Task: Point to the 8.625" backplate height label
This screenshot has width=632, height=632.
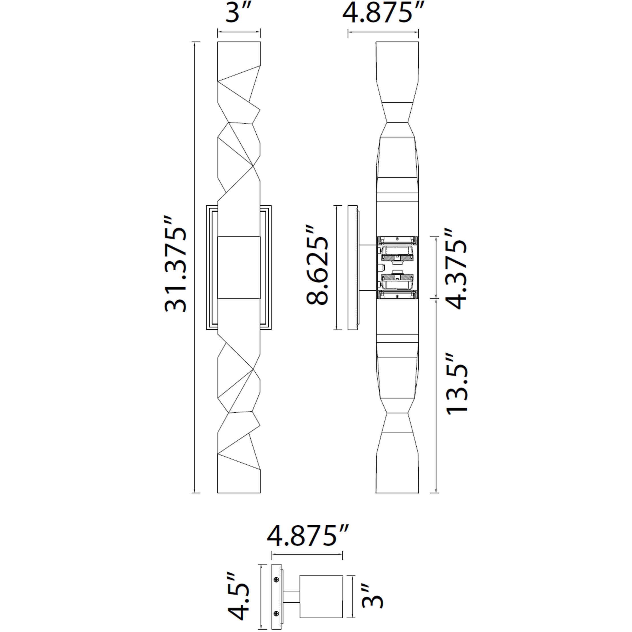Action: click(x=317, y=265)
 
